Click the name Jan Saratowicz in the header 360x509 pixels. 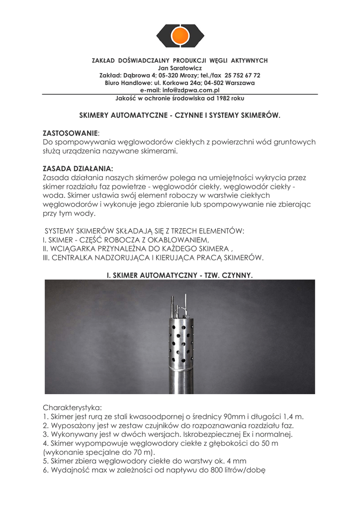point(180,68)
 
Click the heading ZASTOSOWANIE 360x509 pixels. point(71,134)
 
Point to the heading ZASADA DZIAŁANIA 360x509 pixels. point(78,169)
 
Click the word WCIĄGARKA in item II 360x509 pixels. point(74,249)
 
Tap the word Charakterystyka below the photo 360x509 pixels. point(72,407)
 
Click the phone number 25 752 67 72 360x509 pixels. point(243,75)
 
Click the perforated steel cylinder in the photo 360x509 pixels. point(180,343)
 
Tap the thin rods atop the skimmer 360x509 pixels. point(178,304)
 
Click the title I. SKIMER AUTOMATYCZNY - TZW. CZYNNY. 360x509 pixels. point(180,274)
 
